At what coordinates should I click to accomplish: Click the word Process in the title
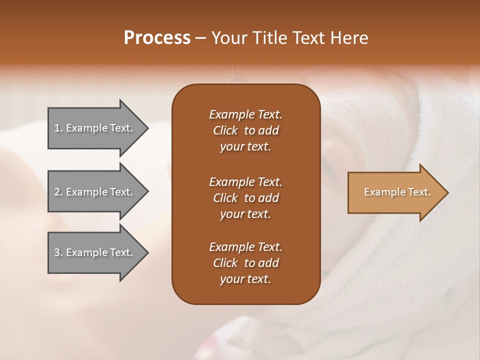157,38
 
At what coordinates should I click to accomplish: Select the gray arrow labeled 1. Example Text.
95,128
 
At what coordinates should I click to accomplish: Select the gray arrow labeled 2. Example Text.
95,192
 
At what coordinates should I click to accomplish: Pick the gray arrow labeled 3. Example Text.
95,252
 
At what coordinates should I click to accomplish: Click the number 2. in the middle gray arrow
58,192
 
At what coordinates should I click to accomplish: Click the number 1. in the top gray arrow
58,128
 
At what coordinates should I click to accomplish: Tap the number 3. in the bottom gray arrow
58,252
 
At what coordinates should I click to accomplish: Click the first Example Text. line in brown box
245,114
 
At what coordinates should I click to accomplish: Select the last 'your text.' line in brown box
245,279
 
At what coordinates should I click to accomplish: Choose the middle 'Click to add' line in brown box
245,198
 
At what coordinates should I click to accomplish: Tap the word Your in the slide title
227,38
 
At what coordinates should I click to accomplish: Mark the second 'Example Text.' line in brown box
245,181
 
